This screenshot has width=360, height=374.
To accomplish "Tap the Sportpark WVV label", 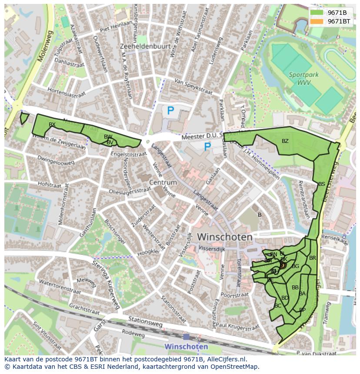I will [x=303, y=78].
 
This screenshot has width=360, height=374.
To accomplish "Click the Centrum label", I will [x=163, y=182].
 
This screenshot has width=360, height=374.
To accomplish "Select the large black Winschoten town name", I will [x=225, y=237].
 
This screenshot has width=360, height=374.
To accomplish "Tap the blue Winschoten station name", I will [x=186, y=347].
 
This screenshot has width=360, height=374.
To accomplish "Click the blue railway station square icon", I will [x=186, y=337].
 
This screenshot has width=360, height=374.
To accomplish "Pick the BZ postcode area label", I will [x=285, y=141].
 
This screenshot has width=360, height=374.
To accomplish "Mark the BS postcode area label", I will [x=321, y=184].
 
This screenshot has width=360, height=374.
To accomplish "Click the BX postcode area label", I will [x=52, y=125].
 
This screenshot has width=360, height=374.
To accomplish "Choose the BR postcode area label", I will [x=312, y=258].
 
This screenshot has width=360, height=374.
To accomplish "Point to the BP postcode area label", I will [x=302, y=310].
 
